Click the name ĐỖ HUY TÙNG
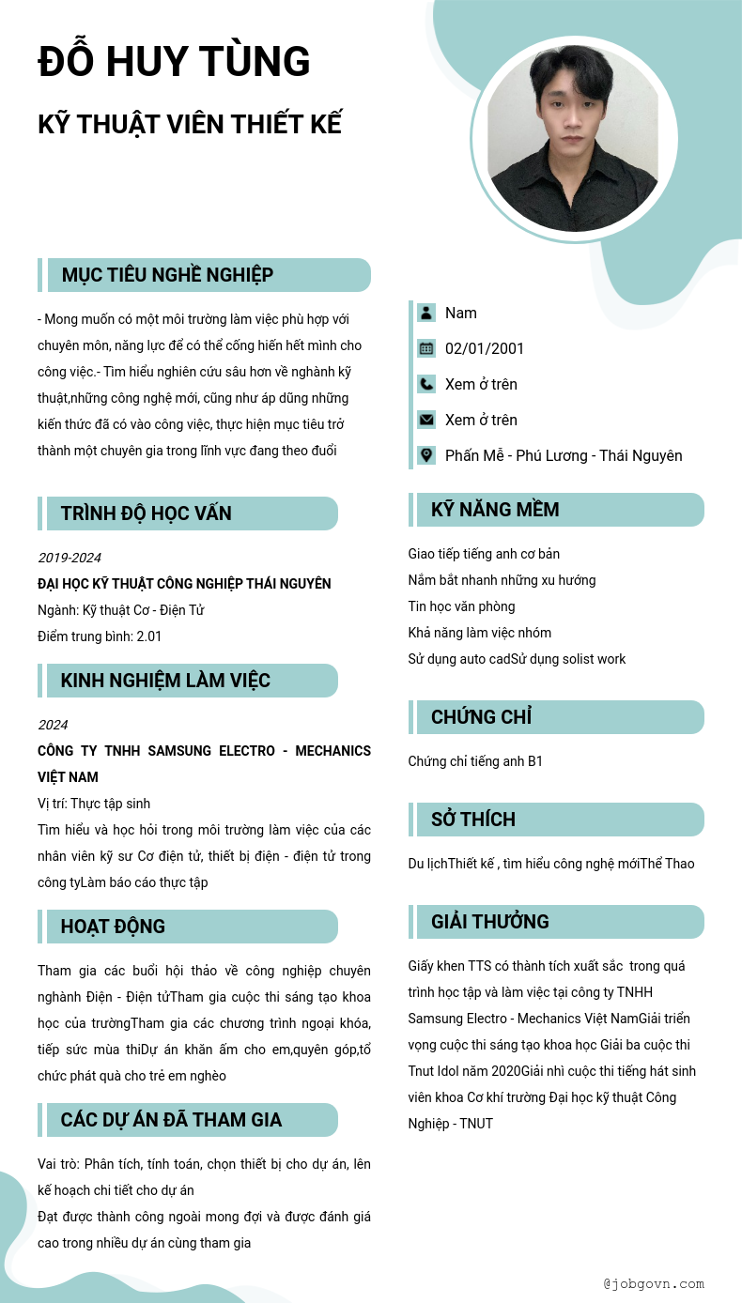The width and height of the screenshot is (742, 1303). [174, 62]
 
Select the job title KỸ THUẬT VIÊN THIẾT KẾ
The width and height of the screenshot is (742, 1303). [190, 124]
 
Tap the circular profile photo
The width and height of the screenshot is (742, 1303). [573, 138]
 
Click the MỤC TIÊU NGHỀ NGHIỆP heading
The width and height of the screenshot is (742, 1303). [167, 275]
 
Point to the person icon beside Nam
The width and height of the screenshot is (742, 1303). [426, 313]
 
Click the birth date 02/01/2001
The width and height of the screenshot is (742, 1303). [485, 348]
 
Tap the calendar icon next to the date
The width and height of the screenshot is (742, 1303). [426, 348]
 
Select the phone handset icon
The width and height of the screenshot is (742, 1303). [426, 384]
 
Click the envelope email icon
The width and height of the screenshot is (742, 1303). [426, 420]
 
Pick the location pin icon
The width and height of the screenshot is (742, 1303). [426, 455]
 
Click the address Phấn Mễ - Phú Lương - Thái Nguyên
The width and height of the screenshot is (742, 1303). [564, 455]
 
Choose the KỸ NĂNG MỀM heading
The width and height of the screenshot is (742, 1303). [495, 510]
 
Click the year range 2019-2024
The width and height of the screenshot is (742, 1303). [70, 558]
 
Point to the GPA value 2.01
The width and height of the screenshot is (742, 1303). [149, 636]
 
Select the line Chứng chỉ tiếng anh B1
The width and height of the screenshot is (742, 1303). [475, 761]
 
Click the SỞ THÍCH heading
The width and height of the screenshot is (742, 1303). [473, 820]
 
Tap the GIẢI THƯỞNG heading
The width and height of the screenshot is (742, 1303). [490, 922]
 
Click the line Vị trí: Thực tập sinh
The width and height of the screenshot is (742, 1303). [94, 804]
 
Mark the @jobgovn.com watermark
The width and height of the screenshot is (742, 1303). [654, 1283]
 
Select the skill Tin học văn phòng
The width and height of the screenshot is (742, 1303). [461, 606]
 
